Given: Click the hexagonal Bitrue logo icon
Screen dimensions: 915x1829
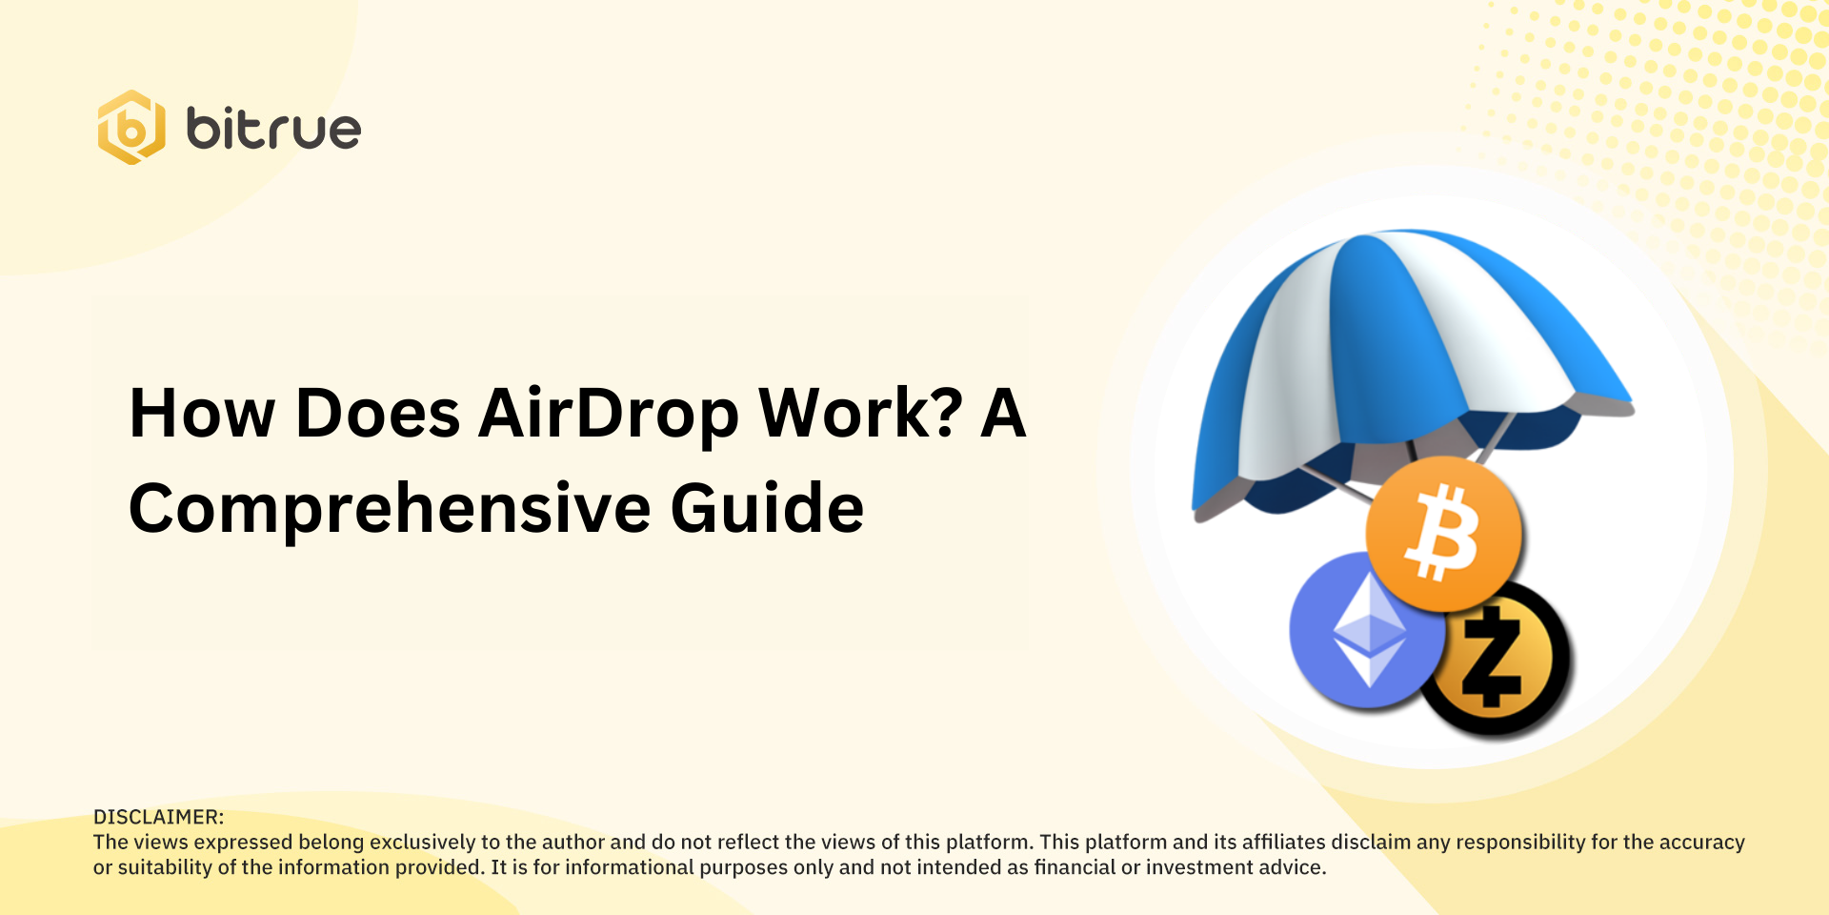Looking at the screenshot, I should (x=131, y=128).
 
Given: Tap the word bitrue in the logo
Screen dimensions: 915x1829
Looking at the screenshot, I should (x=273, y=130).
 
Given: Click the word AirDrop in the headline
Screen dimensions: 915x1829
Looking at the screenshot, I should (x=608, y=415).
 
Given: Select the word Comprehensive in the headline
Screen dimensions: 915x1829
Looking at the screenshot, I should (x=390, y=508).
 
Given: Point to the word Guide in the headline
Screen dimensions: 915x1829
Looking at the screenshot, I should (x=767, y=508).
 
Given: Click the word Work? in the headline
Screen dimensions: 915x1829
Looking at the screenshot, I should (x=860, y=415).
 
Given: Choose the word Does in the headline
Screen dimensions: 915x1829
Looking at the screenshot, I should (x=378, y=415).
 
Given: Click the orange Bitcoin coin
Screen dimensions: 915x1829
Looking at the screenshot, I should (x=1443, y=534).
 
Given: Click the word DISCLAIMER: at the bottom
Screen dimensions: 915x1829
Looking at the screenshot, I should (x=158, y=817).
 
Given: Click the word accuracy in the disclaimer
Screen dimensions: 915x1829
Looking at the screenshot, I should (x=1701, y=843).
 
